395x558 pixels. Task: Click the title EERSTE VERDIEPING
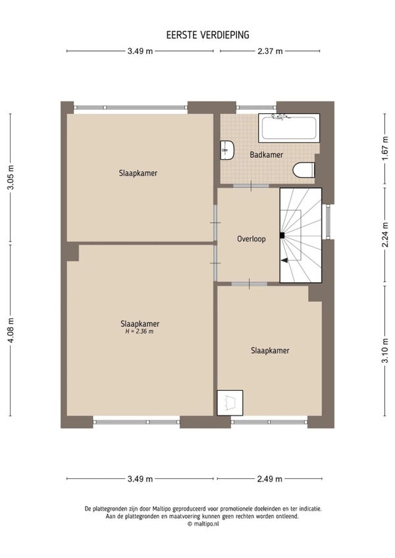click(x=207, y=35)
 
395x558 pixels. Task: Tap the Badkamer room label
click(x=266, y=155)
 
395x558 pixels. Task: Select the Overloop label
click(x=251, y=239)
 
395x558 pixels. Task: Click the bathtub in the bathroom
click(x=289, y=128)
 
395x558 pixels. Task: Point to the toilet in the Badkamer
click(x=303, y=170)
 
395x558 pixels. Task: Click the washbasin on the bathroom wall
click(x=227, y=150)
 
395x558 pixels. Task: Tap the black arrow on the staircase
click(x=284, y=261)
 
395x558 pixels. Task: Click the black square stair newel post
click(x=282, y=235)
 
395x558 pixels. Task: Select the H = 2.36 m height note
click(x=140, y=332)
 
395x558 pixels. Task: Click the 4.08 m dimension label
click(x=11, y=330)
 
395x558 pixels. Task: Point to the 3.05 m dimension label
click(x=11, y=177)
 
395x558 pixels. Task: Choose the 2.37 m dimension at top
click(x=270, y=51)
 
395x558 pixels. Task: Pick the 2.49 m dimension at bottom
click(x=270, y=479)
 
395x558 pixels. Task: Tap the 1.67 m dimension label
click(x=385, y=149)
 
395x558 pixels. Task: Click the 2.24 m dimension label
click(x=385, y=234)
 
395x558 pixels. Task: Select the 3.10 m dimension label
click(x=385, y=350)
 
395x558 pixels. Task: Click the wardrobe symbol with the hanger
click(x=230, y=403)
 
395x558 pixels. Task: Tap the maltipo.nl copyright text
click(x=203, y=524)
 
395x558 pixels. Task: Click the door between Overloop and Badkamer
click(x=251, y=186)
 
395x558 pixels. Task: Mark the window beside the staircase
click(x=328, y=221)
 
